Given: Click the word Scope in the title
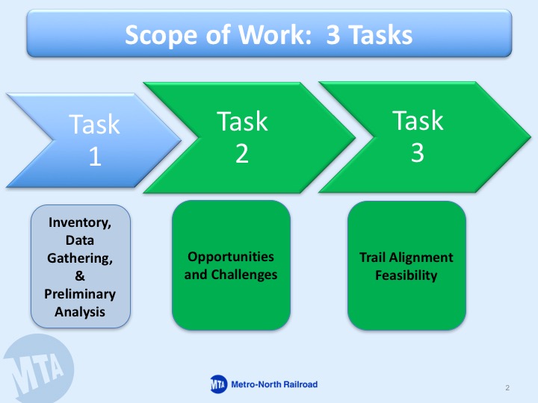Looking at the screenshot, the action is point(161,36).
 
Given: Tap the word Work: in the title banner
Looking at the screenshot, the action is point(275,34).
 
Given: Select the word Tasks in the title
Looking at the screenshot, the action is point(380,35).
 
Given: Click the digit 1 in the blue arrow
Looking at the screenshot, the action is point(95,157).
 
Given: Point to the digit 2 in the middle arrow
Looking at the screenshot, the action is point(242,154).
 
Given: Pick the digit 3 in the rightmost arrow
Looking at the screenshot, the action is point(418,152).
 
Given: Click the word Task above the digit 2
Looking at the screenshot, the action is point(242,122).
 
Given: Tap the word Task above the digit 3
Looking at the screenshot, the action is point(418,120).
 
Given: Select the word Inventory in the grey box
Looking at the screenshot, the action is point(80,222).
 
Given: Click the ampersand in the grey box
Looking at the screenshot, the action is point(80,276).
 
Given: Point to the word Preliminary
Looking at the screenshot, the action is point(80,294).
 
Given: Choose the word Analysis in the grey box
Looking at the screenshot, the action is point(80,312).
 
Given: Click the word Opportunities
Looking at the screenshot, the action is point(231,257).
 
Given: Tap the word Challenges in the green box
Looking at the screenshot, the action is point(244,275).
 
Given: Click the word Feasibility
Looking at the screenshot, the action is point(406,275).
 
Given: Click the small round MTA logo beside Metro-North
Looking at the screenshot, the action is point(218,384).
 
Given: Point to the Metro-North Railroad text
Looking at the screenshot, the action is point(274,384).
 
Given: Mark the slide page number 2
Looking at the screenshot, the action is point(507,387).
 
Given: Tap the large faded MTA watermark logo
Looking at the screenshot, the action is point(38,369).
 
